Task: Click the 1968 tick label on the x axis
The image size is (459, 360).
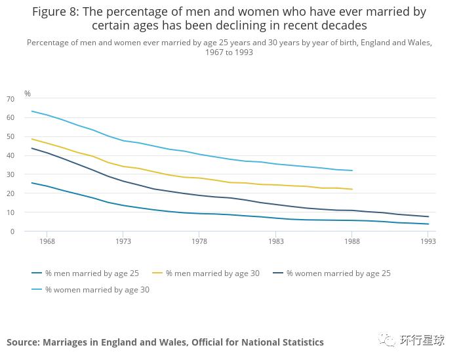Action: (47, 241)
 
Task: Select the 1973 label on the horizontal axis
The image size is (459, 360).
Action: (123, 241)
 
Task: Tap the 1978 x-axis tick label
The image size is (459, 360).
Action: (199, 241)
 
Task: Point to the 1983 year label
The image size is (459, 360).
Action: (275, 241)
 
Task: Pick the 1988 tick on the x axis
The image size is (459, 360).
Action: (352, 241)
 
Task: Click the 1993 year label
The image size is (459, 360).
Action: (428, 241)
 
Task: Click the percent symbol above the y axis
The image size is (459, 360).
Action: (28, 94)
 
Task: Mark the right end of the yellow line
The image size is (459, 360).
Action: (352, 190)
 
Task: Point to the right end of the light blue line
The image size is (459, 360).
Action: (352, 170)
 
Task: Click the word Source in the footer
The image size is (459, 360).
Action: (22, 342)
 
